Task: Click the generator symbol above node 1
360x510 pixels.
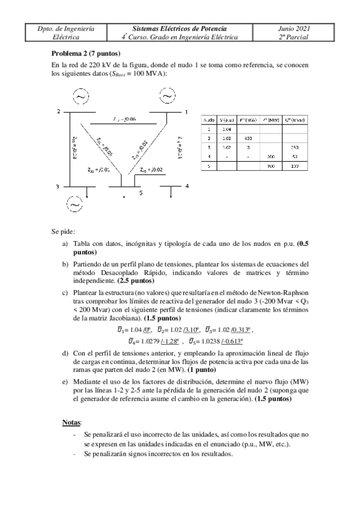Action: (x=166, y=96)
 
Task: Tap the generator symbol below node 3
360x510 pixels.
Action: (x=75, y=204)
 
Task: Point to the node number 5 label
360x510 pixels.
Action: (x=141, y=192)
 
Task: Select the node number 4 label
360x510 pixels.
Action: (x=187, y=186)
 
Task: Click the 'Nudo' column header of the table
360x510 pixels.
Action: (x=207, y=120)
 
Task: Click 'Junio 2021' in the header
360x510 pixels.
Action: (x=294, y=28)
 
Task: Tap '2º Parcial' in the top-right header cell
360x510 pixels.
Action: (x=294, y=37)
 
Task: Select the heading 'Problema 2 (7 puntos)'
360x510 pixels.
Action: (x=86, y=53)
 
